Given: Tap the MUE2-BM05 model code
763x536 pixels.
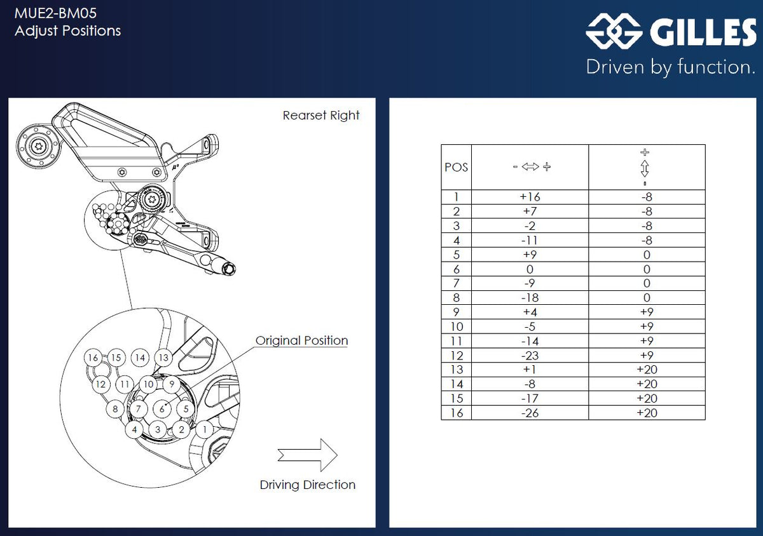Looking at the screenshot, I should tap(56, 13).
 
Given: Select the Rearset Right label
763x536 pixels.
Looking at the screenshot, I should tap(321, 116).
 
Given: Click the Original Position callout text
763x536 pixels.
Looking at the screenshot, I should tap(301, 340).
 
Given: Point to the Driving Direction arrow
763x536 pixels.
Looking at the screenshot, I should tap(307, 455).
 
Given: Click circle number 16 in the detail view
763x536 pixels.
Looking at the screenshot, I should tap(93, 358).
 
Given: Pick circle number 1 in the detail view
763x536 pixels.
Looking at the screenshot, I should tap(204, 429).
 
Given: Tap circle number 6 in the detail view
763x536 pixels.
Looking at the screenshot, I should tap(162, 410).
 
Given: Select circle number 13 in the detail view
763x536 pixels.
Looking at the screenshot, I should tap(164, 358).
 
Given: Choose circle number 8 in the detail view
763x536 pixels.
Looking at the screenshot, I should tap(115, 409).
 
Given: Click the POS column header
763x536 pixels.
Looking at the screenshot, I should tap(456, 167).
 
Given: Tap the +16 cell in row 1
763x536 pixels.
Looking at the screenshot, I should tap(530, 197).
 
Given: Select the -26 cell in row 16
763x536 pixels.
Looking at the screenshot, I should tap(530, 413).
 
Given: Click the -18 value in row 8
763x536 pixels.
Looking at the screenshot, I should tap(530, 298).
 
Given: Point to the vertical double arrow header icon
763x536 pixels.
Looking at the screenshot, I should tap(645, 168).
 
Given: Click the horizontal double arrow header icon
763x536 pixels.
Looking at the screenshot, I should tap(530, 167).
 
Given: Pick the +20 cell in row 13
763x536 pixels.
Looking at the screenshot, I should tap(647, 370).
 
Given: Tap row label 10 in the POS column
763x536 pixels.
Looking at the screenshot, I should tap(456, 326).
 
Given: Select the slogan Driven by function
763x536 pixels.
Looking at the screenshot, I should tap(670, 67).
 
